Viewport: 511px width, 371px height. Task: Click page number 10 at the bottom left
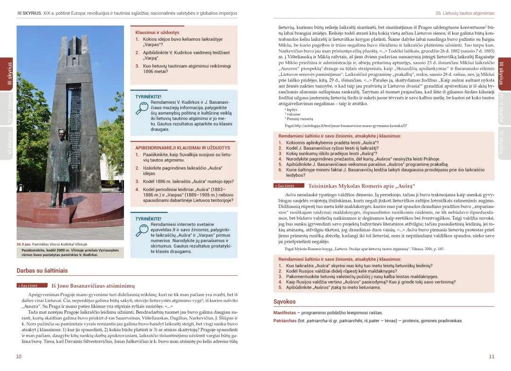point(18,357)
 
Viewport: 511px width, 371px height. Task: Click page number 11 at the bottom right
point(492,357)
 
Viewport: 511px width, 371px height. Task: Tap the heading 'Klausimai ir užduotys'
point(157,33)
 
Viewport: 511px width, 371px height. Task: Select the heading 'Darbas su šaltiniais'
point(42,271)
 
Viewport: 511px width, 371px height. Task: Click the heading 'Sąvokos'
point(284,302)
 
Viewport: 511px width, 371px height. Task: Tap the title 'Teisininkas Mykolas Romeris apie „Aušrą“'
point(361,186)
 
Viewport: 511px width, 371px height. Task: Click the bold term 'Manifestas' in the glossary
point(284,313)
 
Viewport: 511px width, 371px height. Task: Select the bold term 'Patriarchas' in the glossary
point(285,321)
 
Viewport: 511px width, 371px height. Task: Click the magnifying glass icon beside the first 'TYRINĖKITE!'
point(142,108)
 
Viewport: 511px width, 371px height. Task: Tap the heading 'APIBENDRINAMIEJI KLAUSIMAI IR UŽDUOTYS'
point(179,148)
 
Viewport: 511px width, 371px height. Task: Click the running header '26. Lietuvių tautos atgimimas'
point(465,13)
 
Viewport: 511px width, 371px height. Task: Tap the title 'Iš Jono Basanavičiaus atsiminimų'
point(93,286)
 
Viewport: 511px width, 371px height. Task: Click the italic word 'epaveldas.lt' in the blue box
point(162,230)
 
